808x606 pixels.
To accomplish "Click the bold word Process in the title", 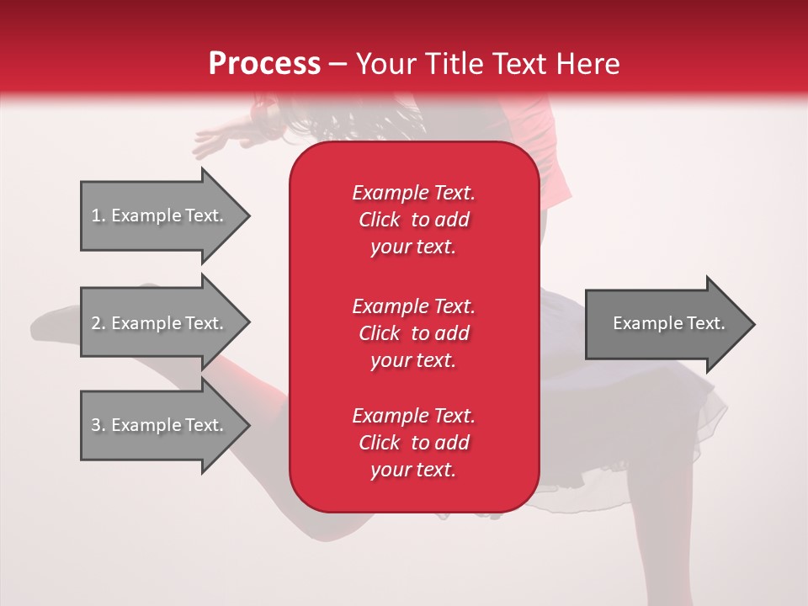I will (x=264, y=64).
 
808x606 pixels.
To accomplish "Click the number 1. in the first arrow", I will (x=98, y=215).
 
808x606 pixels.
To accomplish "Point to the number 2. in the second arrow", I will (x=98, y=323).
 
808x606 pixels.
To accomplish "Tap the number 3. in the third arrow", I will (x=98, y=425).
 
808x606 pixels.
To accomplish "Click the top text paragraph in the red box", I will (x=413, y=220).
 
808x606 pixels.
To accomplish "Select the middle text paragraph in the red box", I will (x=413, y=333).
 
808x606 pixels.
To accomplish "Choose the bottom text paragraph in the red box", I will (x=413, y=443).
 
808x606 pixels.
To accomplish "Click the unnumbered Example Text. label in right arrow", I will (x=668, y=323).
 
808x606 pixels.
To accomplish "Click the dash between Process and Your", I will (x=338, y=65).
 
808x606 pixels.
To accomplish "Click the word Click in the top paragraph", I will (x=379, y=220).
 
